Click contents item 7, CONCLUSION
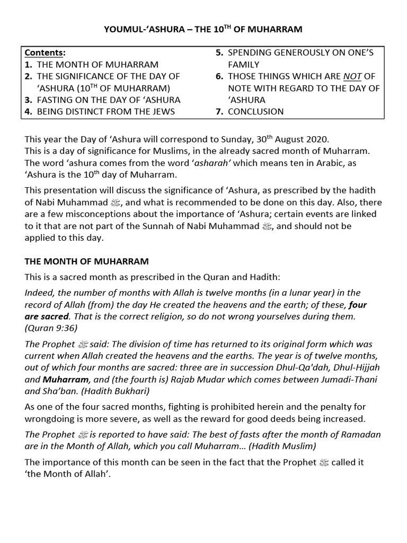coord(255,111)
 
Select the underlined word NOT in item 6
coord(352,76)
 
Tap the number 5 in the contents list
coord(218,53)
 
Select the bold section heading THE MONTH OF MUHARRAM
coord(86,261)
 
